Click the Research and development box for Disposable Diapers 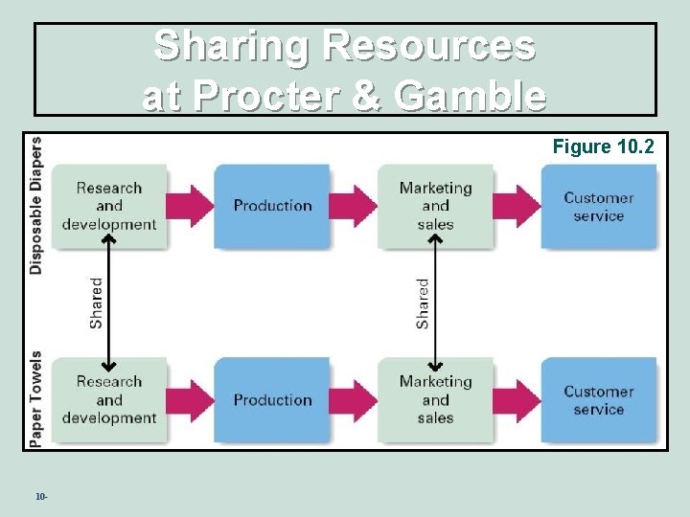pyautogui.click(x=108, y=206)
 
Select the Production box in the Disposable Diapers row pyautogui.click(x=272, y=206)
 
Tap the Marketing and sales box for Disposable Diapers pyautogui.click(x=435, y=206)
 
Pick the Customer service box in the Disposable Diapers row pyautogui.click(x=598, y=207)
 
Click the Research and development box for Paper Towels pyautogui.click(x=108, y=399)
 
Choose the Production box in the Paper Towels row pyautogui.click(x=272, y=399)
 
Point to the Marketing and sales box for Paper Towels pyautogui.click(x=435, y=399)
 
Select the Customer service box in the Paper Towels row pyautogui.click(x=598, y=400)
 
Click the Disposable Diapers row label pyautogui.click(x=36, y=206)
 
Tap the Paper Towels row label pyautogui.click(x=36, y=397)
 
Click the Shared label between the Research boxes pyautogui.click(x=96, y=303)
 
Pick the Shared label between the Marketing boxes pyautogui.click(x=423, y=303)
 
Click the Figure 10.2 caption pyautogui.click(x=603, y=146)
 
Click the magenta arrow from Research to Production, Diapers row pyautogui.click(x=190, y=205)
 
